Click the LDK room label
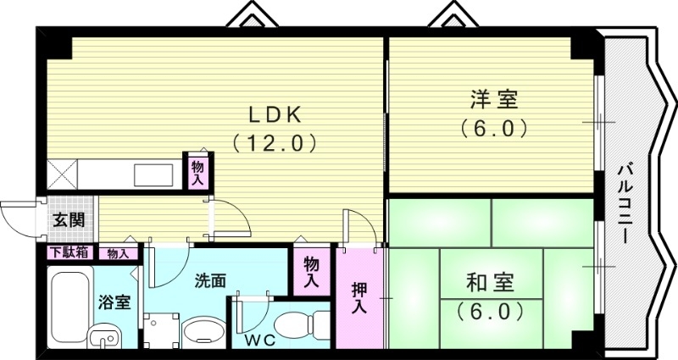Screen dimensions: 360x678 coord(275,114)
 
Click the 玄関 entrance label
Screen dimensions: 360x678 coord(69,220)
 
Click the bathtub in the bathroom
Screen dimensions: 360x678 coord(65,307)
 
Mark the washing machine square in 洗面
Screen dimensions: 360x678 coord(160,331)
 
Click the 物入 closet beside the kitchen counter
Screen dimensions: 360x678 coord(197,172)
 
